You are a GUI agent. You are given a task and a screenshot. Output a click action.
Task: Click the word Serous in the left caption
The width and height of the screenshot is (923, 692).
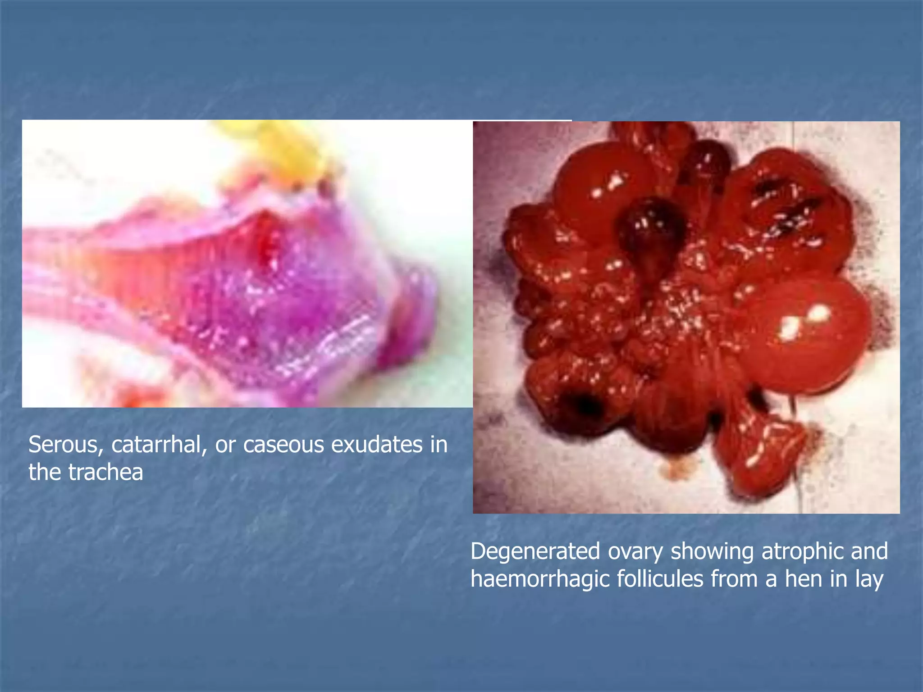(x=63, y=445)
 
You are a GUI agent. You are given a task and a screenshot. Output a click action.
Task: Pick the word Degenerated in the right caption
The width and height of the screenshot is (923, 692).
(x=535, y=551)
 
